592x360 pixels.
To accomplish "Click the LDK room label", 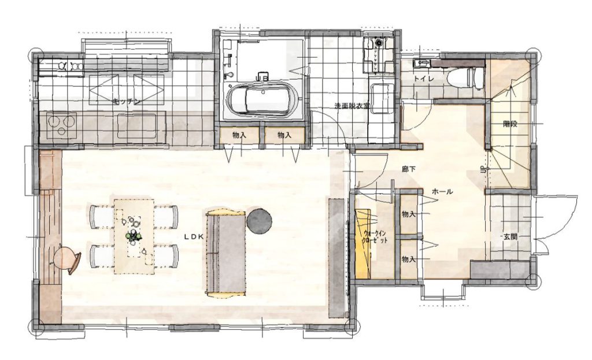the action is (x=194, y=236).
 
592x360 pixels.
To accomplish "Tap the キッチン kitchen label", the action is (x=127, y=101).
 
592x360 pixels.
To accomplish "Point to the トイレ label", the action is (x=424, y=79).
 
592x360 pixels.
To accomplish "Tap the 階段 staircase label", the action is (x=510, y=124).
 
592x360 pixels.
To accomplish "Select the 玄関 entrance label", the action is (x=510, y=237).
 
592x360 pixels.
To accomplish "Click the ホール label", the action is (x=442, y=192).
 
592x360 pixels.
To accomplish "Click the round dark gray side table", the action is (x=260, y=221).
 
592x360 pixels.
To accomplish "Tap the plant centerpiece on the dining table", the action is (x=134, y=236).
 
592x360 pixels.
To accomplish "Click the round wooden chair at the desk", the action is (x=66, y=258).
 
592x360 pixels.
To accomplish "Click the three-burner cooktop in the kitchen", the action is (x=61, y=125).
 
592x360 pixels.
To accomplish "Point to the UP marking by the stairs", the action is (x=483, y=170).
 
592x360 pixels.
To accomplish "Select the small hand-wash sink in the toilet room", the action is (x=421, y=63).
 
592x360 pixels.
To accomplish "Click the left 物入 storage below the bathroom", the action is (x=239, y=135).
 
